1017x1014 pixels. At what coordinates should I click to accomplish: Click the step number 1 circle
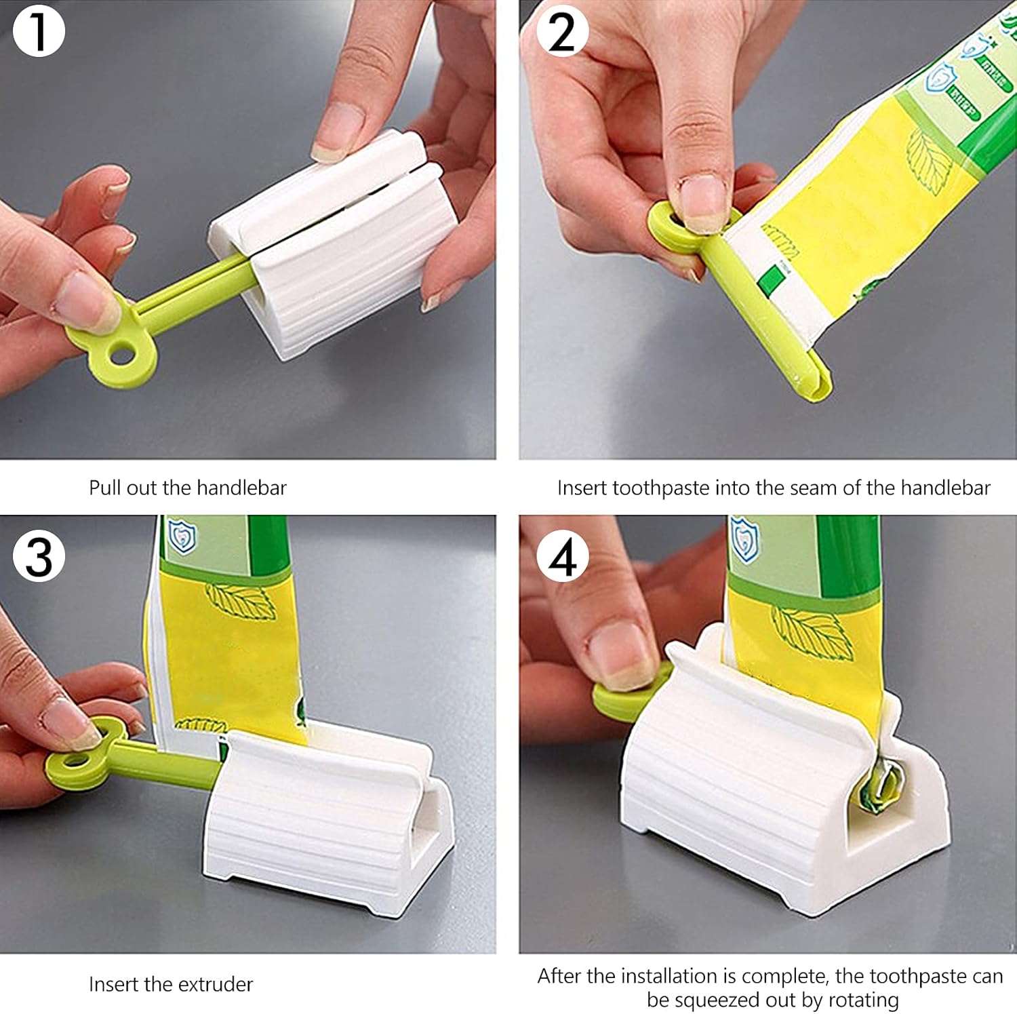39,31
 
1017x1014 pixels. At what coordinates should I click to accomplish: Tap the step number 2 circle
562,31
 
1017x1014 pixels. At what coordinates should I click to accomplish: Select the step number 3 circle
39,555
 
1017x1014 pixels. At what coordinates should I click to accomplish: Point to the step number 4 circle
562,555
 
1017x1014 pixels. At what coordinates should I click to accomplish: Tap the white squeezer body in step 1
339,258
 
